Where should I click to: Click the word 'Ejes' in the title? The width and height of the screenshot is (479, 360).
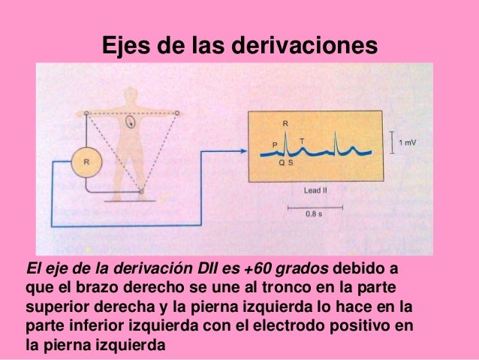(125, 47)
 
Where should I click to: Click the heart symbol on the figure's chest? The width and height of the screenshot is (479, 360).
(131, 121)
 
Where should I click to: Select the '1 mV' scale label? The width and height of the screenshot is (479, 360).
(408, 142)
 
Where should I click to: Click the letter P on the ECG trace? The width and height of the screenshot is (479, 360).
(274, 143)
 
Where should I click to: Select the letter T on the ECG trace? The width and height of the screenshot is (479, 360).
(302, 141)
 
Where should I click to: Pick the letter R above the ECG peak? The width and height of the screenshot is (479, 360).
(285, 123)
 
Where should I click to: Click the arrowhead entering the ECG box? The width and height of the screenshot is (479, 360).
(244, 150)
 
